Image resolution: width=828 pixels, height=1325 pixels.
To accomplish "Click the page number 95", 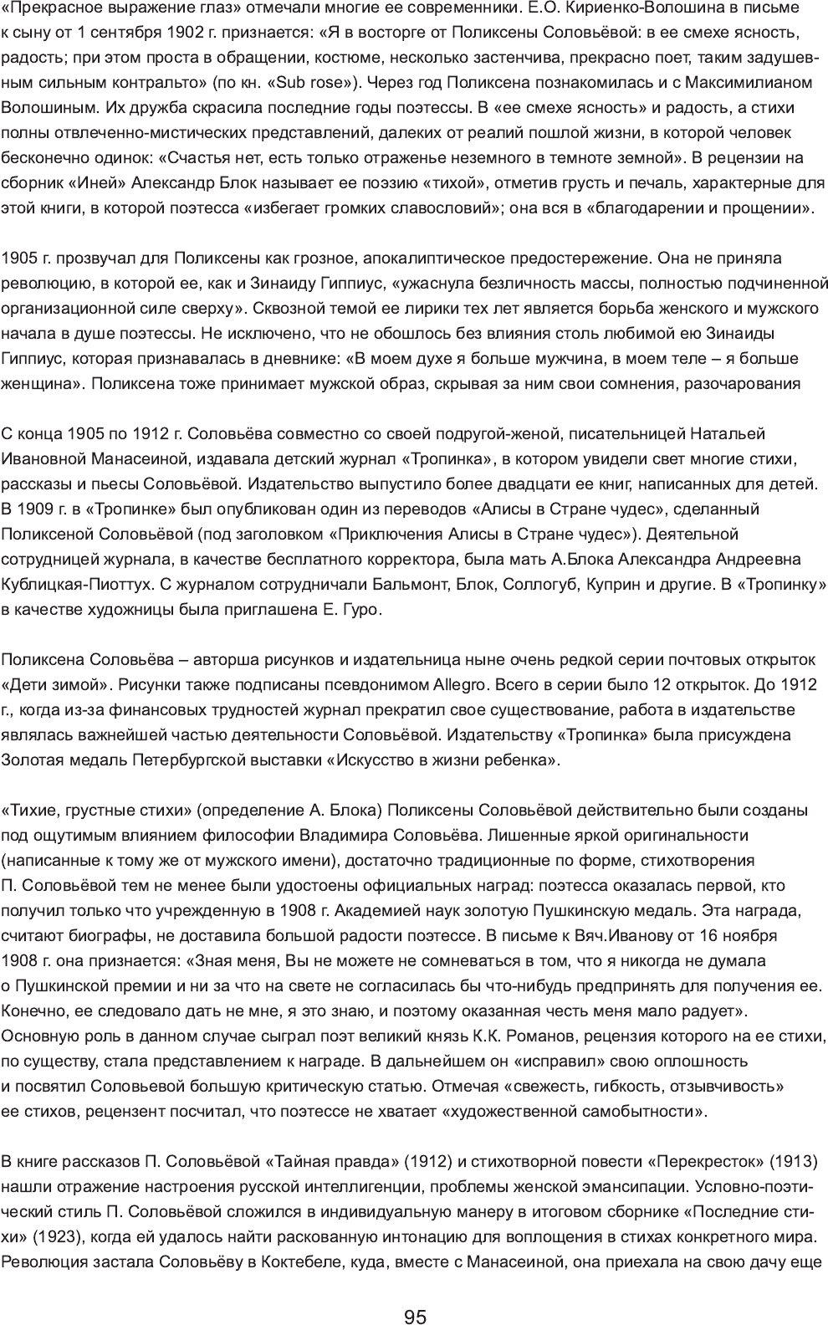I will pos(415,1294).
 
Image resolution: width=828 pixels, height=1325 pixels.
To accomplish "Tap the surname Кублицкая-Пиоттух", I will pos(88,584).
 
